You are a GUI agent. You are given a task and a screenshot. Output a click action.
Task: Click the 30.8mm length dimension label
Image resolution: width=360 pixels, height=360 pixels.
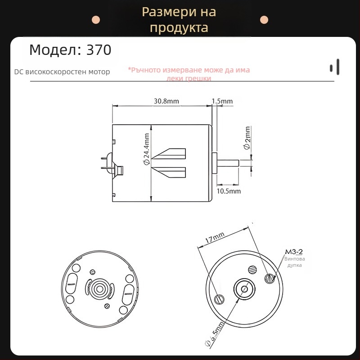166,101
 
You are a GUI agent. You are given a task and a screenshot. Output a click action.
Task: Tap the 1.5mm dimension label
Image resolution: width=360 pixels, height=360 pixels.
222,101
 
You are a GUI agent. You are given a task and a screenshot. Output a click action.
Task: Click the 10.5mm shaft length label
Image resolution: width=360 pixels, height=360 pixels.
229,191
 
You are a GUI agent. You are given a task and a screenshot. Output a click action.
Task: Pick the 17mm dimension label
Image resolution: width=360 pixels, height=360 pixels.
215,238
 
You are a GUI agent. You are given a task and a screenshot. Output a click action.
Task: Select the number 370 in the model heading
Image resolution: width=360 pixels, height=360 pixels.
98,50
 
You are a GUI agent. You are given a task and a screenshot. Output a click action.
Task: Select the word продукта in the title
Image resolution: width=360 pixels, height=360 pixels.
179,28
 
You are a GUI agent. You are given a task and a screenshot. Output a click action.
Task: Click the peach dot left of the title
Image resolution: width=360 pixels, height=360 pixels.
95,20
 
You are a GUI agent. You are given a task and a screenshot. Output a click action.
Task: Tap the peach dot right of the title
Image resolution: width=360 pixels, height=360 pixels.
265,20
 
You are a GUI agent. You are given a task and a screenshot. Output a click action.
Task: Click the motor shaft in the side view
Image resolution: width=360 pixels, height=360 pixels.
234,161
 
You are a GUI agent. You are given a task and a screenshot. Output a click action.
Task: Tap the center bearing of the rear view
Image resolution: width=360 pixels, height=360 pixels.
98,288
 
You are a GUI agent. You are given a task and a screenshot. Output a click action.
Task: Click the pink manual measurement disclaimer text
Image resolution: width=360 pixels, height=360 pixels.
189,74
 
